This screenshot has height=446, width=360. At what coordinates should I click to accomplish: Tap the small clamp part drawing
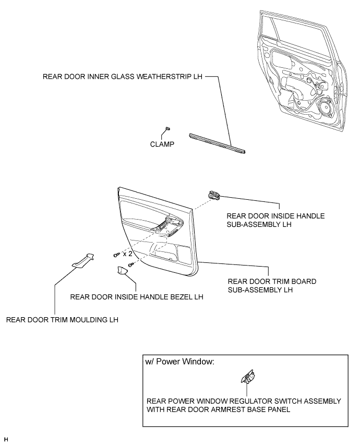tap(167, 128)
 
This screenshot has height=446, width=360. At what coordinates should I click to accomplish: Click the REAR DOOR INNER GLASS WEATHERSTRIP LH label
tap(123, 76)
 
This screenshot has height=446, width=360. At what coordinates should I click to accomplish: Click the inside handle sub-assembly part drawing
tap(214, 195)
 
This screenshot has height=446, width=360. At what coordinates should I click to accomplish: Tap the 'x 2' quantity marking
tap(127, 254)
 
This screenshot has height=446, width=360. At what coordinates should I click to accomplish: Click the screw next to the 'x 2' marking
tap(116, 255)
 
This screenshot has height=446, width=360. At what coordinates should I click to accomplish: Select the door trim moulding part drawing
tap(83, 260)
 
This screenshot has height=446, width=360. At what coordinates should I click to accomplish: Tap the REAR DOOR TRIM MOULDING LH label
tap(62, 320)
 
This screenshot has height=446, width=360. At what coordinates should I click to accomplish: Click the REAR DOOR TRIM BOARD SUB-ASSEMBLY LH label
tap(267, 285)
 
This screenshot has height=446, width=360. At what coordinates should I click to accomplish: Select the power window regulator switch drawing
tap(247, 377)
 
